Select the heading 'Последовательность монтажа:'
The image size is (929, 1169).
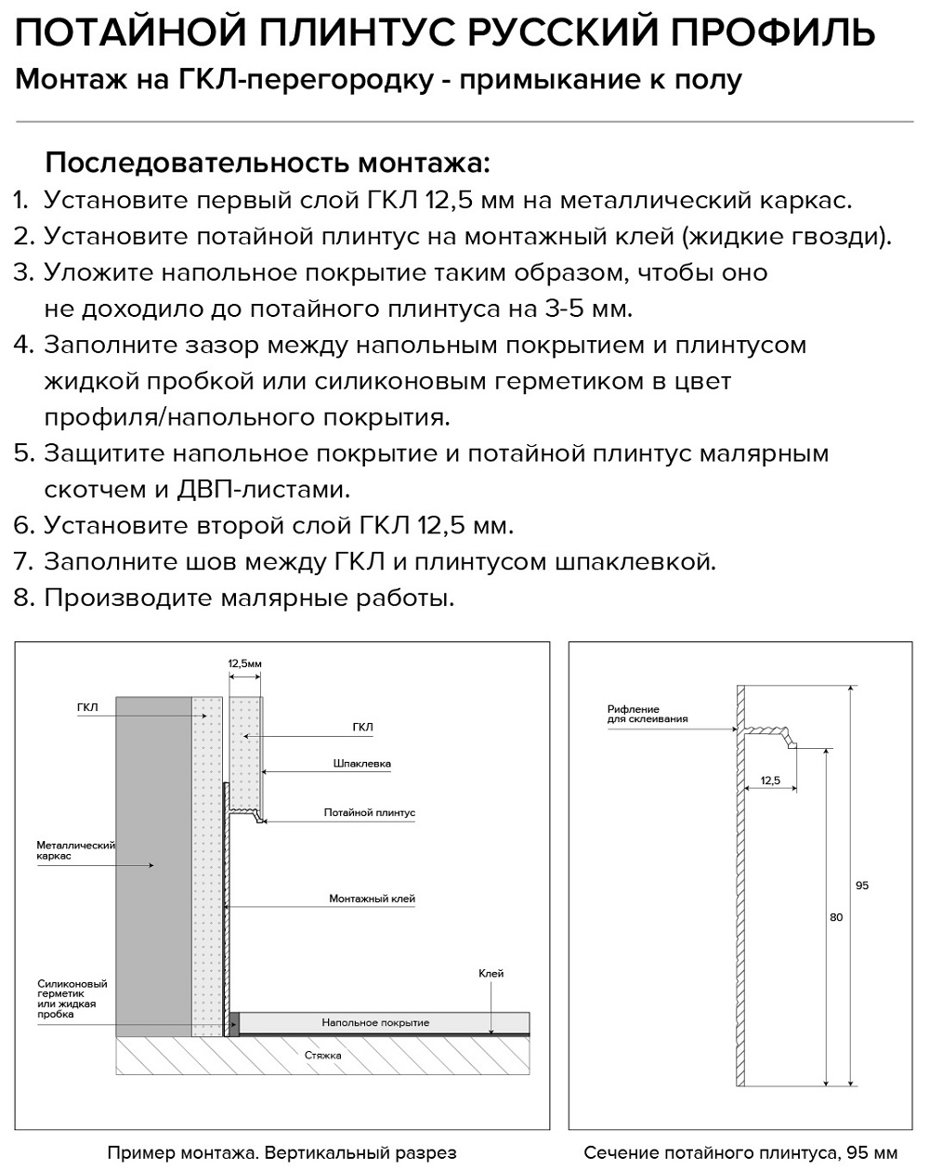[267, 164]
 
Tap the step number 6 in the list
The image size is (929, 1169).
[23, 526]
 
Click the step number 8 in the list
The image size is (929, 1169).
[23, 598]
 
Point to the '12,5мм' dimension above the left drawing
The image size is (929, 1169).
[245, 664]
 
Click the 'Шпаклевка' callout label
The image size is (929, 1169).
[361, 764]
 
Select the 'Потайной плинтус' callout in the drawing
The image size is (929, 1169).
[369, 813]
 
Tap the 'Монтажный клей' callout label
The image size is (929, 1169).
[372, 900]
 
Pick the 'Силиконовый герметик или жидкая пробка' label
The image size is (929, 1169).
[72, 999]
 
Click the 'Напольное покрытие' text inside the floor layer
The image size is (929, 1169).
[375, 1023]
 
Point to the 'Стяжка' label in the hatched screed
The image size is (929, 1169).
[322, 1056]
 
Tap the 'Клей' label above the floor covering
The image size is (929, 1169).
[491, 974]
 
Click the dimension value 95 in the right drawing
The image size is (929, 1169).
[862, 886]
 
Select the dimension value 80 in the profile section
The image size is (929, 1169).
[836, 917]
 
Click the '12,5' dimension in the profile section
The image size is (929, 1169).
[769, 780]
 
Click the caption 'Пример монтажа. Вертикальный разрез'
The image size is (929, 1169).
[281, 1153]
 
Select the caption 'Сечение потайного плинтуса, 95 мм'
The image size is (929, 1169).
[740, 1153]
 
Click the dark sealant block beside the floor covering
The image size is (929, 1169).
[234, 1023]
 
